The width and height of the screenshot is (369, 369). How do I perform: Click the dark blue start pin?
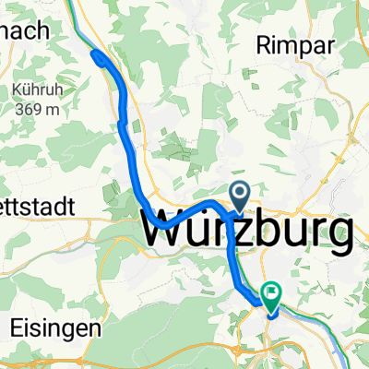(x=240, y=195)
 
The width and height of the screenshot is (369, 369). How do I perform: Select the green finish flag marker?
(x=271, y=295)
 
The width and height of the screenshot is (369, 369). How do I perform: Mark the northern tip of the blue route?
(x=95, y=57)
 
